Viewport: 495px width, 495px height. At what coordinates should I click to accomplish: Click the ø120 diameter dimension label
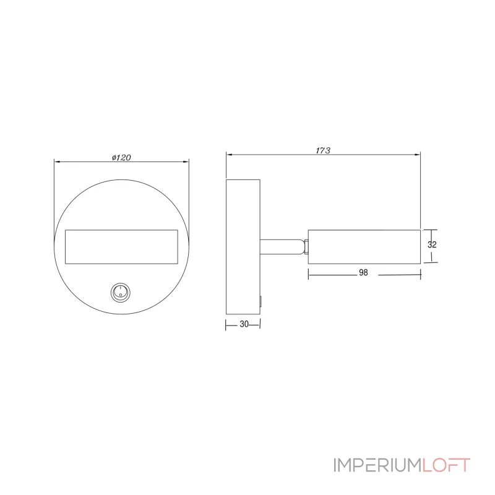click(121, 157)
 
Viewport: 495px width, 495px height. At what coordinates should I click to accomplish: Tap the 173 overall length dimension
click(323, 150)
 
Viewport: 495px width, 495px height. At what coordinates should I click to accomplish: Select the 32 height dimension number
click(432, 244)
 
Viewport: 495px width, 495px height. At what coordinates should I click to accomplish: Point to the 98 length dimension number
click(363, 272)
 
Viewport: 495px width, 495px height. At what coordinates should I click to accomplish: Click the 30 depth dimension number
click(244, 324)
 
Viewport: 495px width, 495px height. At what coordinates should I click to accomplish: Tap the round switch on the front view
click(120, 292)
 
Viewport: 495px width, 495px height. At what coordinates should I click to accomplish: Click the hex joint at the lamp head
click(306, 246)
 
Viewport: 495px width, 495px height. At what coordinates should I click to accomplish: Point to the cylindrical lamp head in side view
click(364, 246)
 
